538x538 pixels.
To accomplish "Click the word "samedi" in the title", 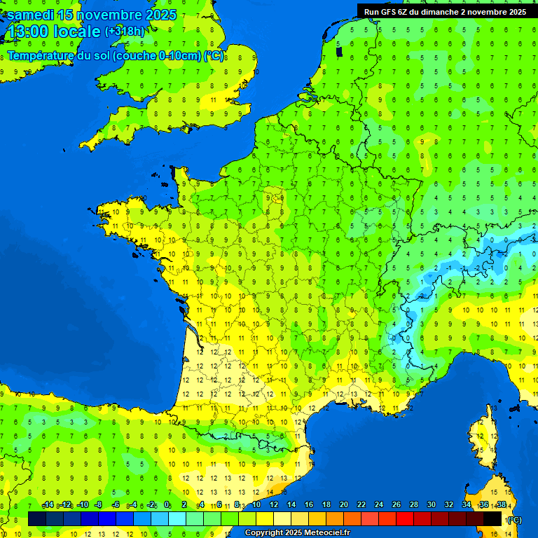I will coord(30,15).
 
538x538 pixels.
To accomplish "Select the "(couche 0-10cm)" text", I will coord(158,56).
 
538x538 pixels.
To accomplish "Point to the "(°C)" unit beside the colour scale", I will coord(513,520).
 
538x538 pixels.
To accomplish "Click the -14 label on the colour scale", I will coord(48,505).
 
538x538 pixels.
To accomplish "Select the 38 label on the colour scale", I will coord(501,505).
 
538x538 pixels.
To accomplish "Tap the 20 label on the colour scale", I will coord(343,505).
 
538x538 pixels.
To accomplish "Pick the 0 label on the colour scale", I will coord(167,505).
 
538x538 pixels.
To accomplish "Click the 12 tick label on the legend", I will coord(274,505).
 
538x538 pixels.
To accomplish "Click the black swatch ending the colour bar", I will coord(492,518).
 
